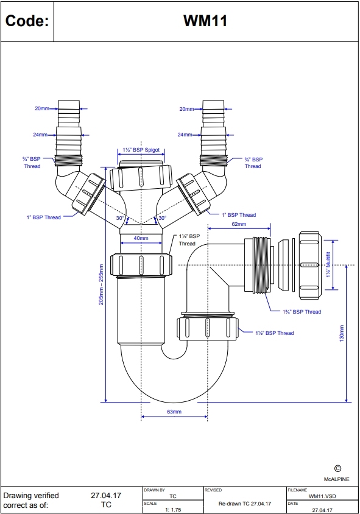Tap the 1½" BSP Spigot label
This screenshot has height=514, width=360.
(141, 149)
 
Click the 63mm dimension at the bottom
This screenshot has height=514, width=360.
(174, 412)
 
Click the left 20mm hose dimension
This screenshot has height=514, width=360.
(41, 108)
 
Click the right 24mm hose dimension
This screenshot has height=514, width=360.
(185, 135)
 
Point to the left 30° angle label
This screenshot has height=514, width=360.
(121, 217)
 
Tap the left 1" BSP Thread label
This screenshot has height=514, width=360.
(44, 217)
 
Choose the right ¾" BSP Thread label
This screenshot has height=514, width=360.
(253, 163)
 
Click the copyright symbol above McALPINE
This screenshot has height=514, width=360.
(337, 468)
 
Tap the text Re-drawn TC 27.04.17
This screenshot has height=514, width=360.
(244, 504)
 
